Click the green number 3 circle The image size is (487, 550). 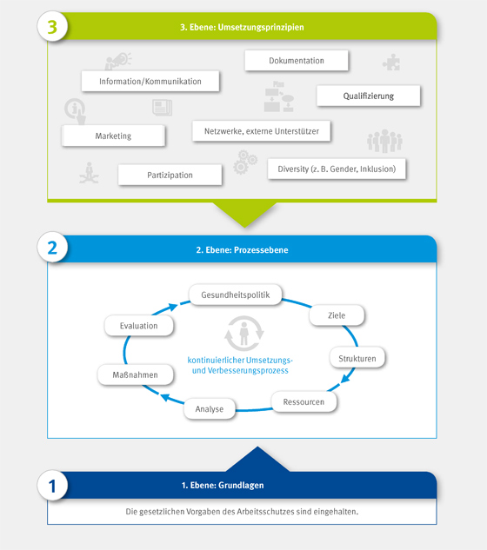point(52,27)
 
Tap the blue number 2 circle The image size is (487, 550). point(52,247)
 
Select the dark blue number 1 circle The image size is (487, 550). point(52,485)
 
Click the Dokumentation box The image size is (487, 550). point(297,60)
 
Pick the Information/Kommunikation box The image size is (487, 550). point(150,81)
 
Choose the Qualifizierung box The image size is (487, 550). point(369,96)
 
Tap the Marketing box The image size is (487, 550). point(113,136)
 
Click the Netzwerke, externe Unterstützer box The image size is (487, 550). point(261,131)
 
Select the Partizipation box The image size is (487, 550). point(170,175)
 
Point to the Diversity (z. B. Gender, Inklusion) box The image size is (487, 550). point(337,169)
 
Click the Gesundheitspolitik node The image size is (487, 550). point(236,295)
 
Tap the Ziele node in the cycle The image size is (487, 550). point(337,315)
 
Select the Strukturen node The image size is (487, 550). point(357,358)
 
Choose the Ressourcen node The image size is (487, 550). point(304,401)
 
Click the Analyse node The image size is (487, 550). point(210,408)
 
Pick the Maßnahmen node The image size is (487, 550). point(135,374)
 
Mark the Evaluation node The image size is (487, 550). point(138,326)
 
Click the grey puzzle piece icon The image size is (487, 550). point(391,62)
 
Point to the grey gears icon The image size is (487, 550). point(245,162)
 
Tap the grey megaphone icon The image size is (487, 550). point(118,61)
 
